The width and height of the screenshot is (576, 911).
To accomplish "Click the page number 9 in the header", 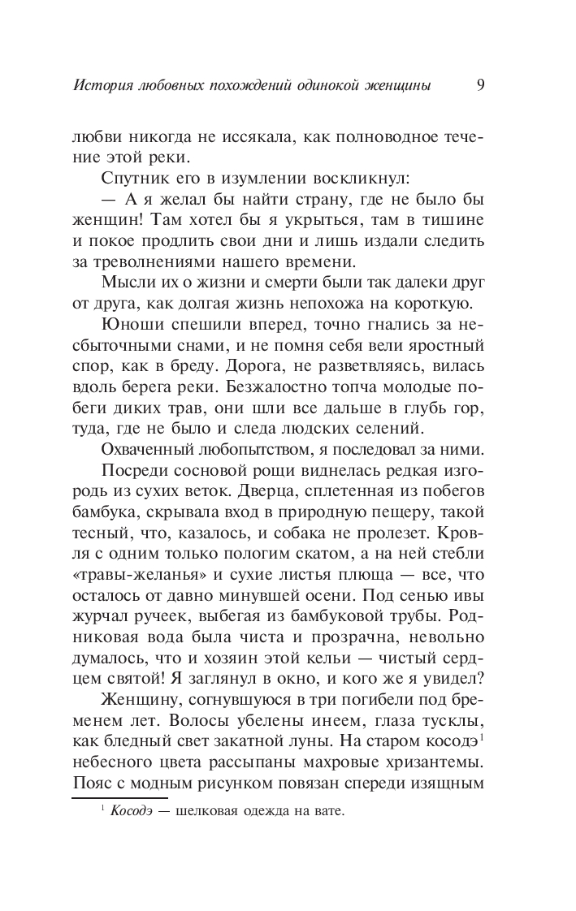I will click(482, 84).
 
